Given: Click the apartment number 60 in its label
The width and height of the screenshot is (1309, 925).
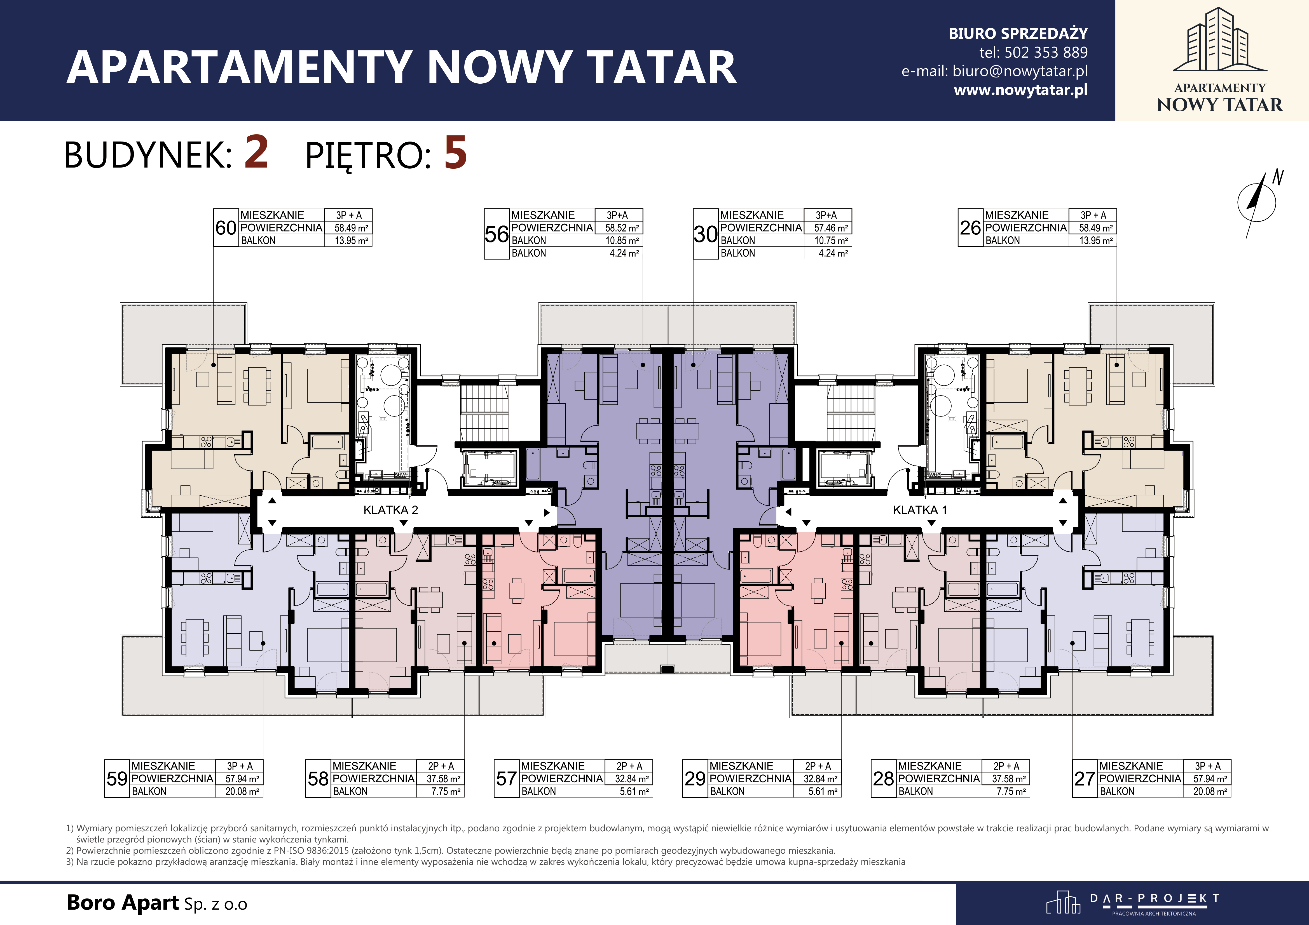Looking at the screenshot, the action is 226,228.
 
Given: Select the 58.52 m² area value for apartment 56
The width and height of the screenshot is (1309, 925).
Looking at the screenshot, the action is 622,228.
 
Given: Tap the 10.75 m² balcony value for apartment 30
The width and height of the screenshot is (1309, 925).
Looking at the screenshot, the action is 831,241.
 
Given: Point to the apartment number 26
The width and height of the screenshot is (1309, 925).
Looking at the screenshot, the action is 970,228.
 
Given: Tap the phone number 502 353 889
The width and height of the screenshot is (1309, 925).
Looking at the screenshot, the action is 1046,52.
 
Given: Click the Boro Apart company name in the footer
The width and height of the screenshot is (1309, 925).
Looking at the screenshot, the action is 123,903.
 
